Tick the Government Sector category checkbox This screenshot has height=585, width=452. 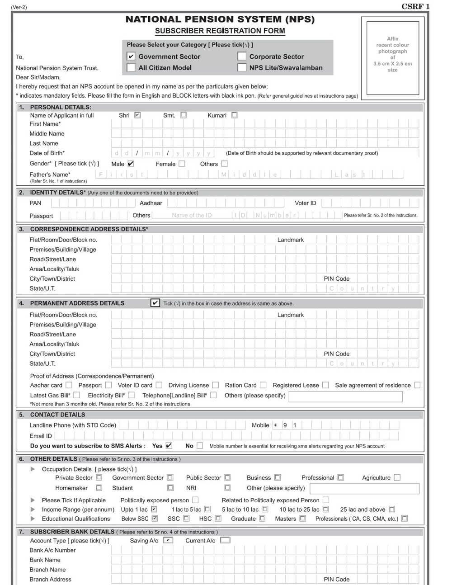point(131,57)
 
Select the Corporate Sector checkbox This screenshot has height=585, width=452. point(242,57)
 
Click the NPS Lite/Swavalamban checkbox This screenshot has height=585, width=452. point(242,68)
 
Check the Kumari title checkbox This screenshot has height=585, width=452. point(234,115)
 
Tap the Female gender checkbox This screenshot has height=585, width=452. point(182,164)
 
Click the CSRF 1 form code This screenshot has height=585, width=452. point(415,6)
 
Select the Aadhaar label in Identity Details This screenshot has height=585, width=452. point(151,203)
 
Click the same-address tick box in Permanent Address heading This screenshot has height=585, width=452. point(155,303)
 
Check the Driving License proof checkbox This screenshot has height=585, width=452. point(216,385)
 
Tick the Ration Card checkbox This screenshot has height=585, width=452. point(263,385)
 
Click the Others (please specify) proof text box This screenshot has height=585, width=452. point(345,396)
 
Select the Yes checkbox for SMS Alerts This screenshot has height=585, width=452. point(169,446)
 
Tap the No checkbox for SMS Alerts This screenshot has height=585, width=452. point(200,446)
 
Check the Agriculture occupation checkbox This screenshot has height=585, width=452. point(397,477)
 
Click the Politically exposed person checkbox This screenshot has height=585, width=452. point(195,500)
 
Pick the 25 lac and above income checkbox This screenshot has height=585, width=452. point(391,510)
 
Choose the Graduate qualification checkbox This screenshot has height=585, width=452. point(262,519)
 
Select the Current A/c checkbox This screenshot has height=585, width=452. point(225,540)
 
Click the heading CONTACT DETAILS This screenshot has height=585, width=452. point(57,415)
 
